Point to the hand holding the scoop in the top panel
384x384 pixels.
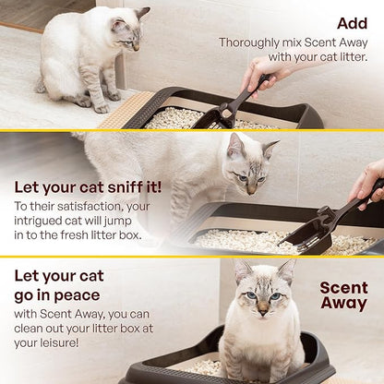click(263, 74)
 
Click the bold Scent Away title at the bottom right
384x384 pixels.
click(343, 294)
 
